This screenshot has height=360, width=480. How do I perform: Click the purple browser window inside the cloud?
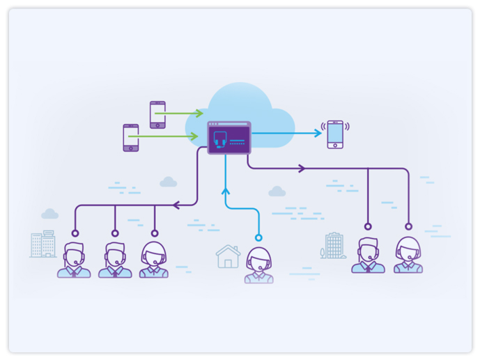229,138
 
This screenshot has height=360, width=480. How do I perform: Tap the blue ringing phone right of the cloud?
336,134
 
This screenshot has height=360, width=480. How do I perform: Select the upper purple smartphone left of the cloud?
157,115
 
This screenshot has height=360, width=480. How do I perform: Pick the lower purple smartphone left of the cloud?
131,138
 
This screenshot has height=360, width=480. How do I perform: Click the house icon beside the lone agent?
228,256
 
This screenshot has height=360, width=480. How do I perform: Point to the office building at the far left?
43,244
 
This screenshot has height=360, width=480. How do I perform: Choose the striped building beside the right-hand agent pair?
334,246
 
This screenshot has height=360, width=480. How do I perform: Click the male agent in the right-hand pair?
368,256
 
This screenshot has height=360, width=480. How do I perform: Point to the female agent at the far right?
408,256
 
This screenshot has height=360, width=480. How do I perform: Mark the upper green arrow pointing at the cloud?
199,113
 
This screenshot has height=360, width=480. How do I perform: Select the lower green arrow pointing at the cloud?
194,136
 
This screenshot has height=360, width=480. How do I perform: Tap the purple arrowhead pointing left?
176,205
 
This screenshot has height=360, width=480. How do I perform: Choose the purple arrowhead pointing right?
302,169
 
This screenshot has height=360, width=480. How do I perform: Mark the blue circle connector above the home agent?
258,237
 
